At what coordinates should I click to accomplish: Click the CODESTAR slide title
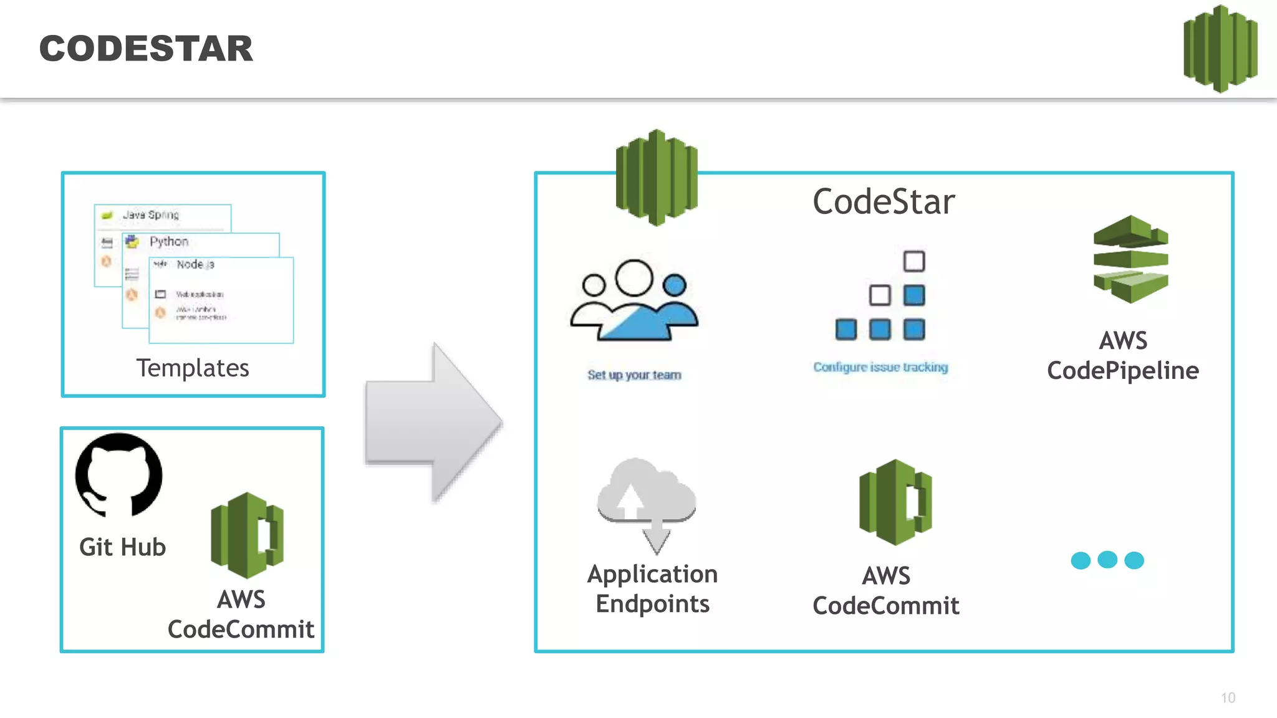click(x=146, y=49)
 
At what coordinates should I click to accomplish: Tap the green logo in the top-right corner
click(x=1220, y=49)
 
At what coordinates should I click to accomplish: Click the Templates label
click(x=193, y=368)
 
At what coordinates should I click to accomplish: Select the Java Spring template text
click(x=151, y=215)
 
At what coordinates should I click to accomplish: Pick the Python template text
click(x=168, y=241)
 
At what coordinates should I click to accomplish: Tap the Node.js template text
click(x=195, y=264)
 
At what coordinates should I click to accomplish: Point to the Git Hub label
click(x=123, y=547)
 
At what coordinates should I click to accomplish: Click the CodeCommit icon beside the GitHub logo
click(x=248, y=535)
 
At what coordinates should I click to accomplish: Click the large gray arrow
click(x=433, y=423)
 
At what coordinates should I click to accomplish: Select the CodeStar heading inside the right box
click(x=884, y=202)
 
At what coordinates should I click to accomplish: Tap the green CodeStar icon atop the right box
click(x=656, y=178)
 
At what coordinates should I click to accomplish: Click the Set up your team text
click(x=634, y=375)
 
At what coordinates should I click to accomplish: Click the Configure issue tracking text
click(x=880, y=367)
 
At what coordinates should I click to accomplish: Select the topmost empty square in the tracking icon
click(x=914, y=261)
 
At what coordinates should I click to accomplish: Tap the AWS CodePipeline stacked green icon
click(x=1130, y=259)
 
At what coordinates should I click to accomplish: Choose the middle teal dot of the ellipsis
click(x=1107, y=560)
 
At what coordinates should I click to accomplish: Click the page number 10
click(x=1228, y=698)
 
